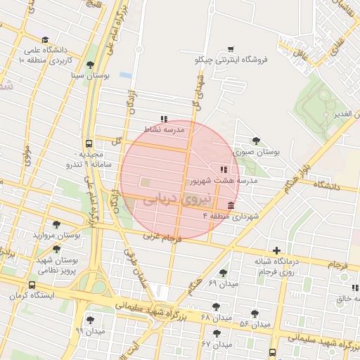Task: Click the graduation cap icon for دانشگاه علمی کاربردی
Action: point(46,40)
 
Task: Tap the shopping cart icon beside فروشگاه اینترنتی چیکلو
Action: point(231,49)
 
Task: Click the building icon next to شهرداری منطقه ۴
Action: point(231,205)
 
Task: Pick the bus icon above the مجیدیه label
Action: point(89,142)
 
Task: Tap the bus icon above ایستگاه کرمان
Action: point(32,285)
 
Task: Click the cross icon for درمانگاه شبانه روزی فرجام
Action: point(277,250)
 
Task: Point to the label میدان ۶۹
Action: point(224,283)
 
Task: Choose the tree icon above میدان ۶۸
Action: point(216,307)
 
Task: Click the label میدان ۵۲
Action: point(255,324)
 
